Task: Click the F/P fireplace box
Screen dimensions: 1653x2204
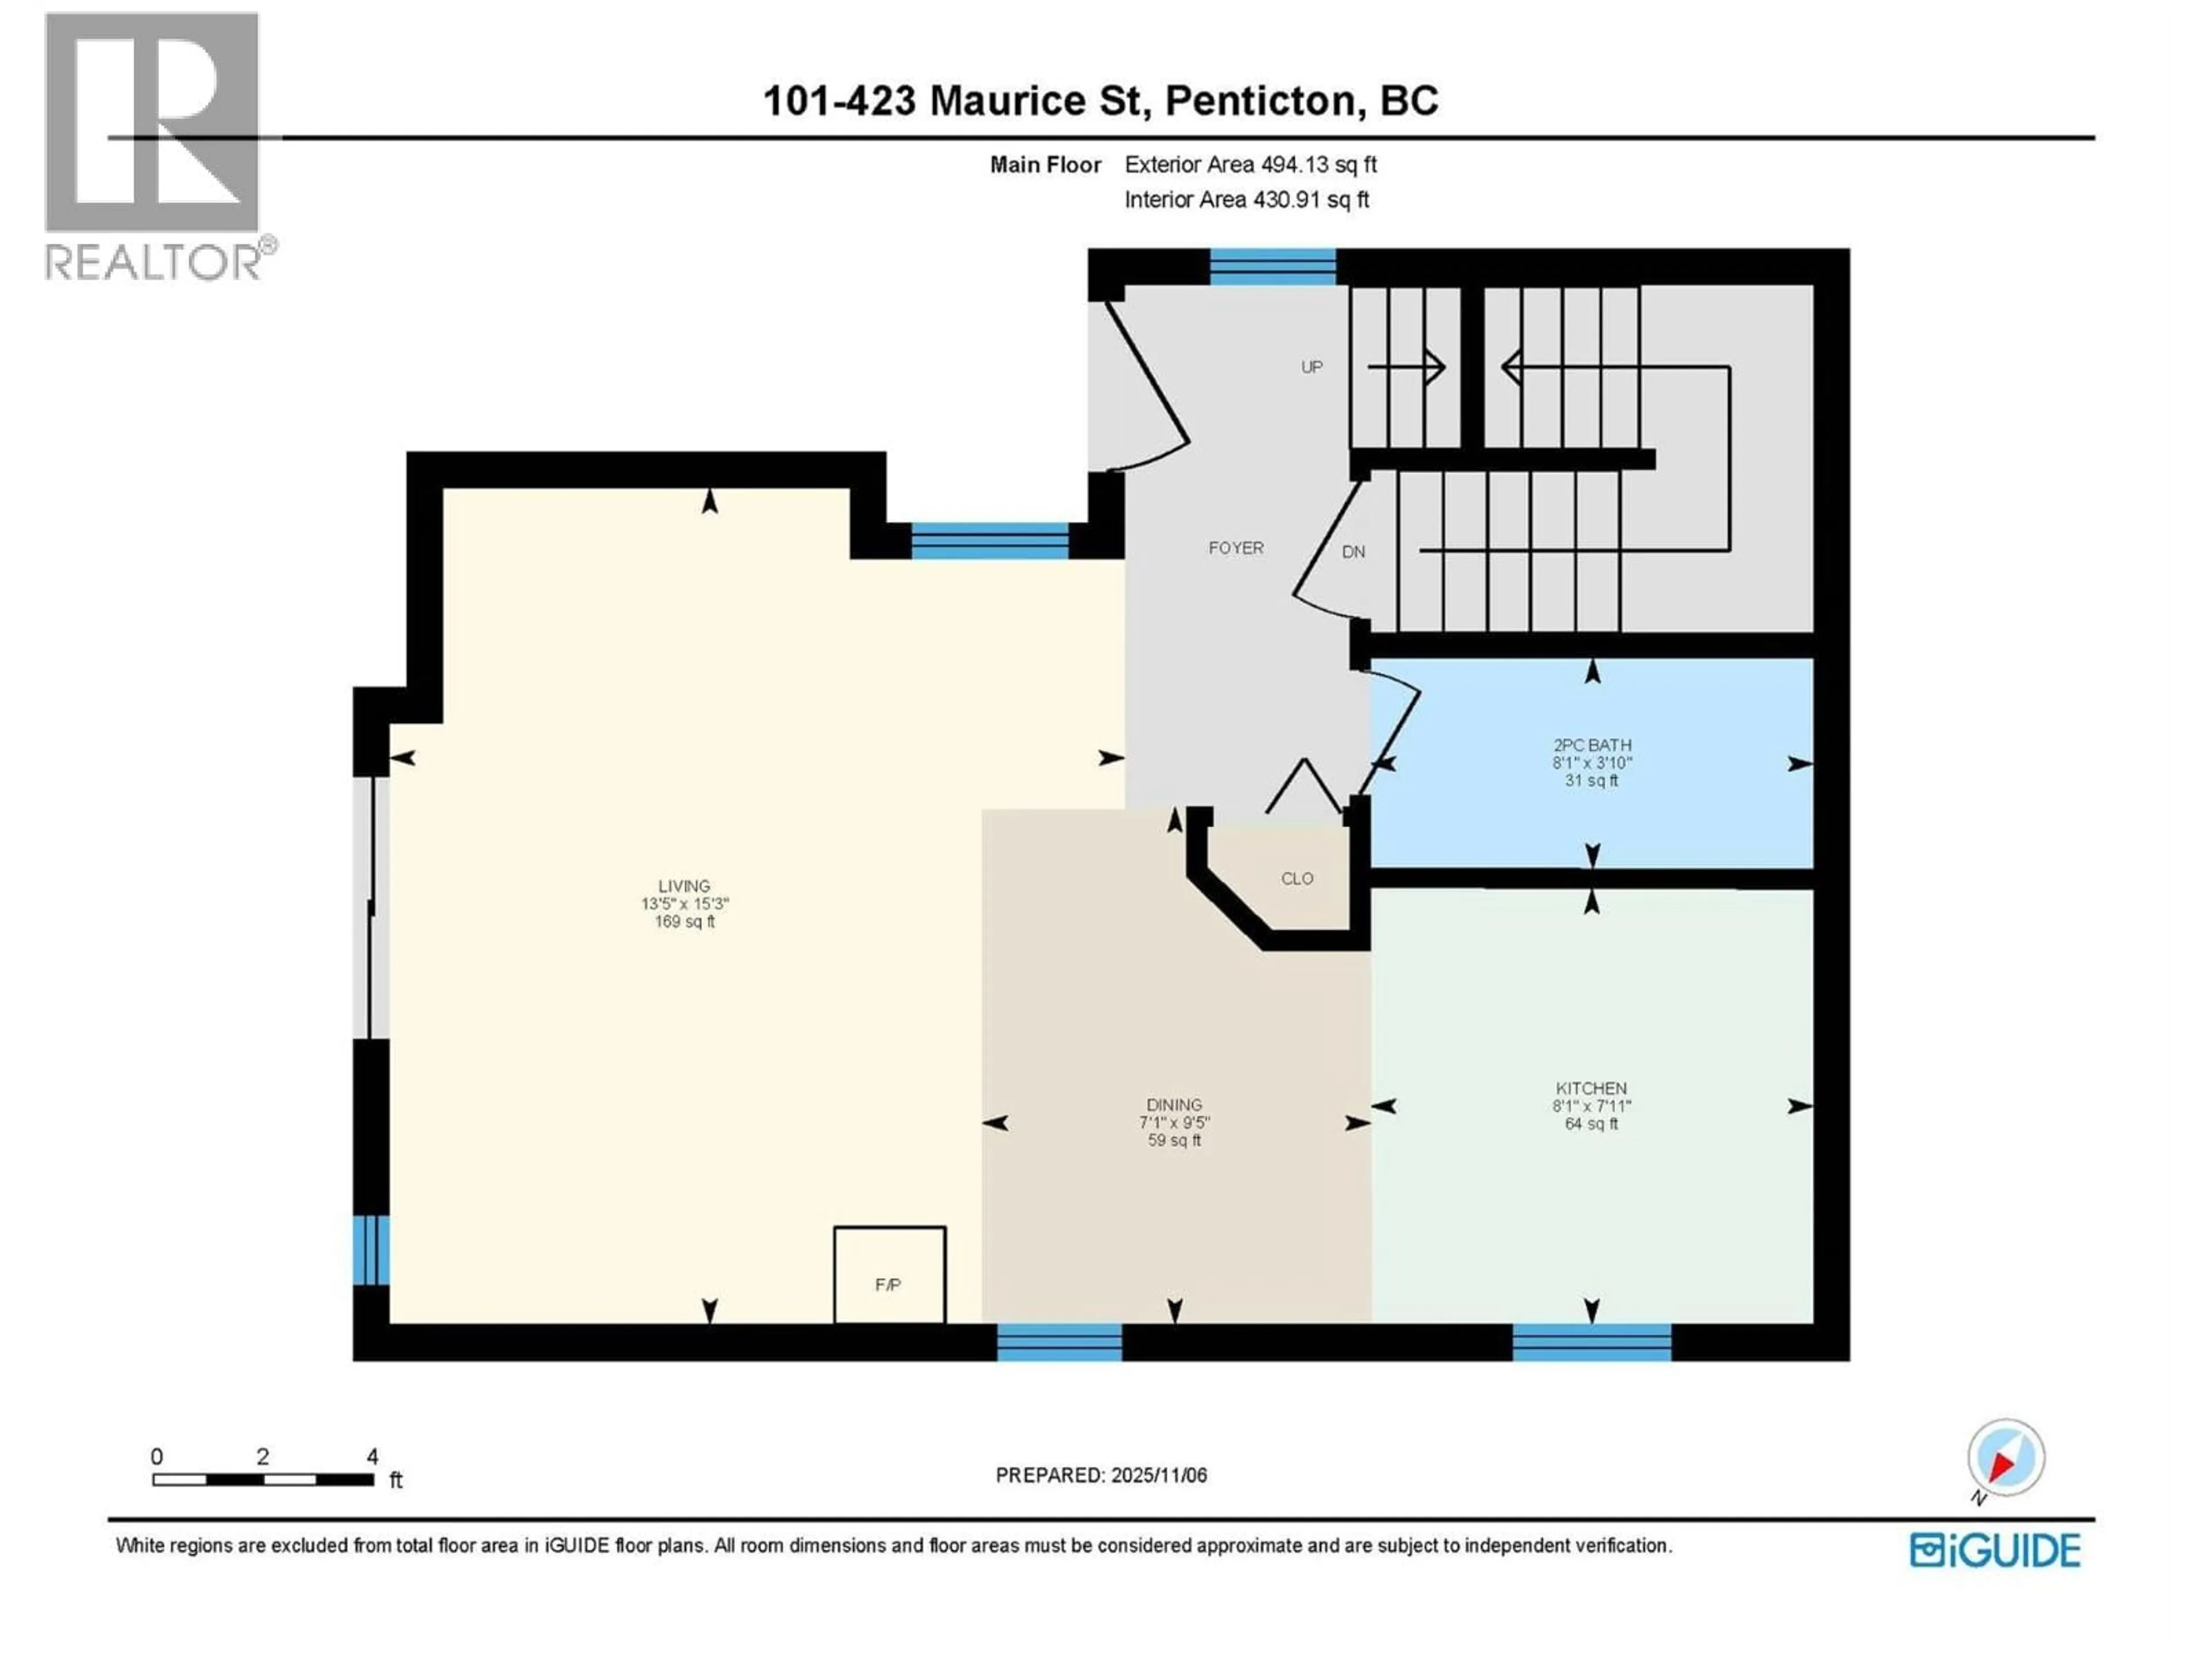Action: pyautogui.click(x=888, y=1275)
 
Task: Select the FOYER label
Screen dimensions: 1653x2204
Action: pyautogui.click(x=1236, y=548)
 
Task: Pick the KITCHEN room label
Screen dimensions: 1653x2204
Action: pyautogui.click(x=1591, y=1089)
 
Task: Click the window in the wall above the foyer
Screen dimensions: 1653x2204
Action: pyautogui.click(x=1272, y=267)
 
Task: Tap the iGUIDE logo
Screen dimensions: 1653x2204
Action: pyautogui.click(x=1995, y=1550)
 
